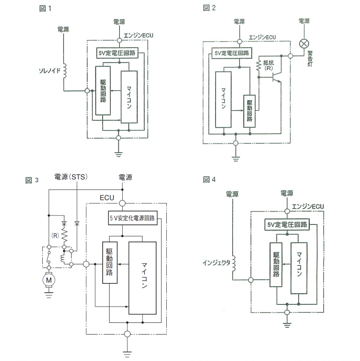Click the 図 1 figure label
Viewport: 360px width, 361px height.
pyautogui.click(x=46, y=8)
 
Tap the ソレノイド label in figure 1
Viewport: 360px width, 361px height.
pyautogui.click(x=50, y=71)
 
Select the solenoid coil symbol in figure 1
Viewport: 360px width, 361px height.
pyautogui.click(x=64, y=71)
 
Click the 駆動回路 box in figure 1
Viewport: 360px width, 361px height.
pyautogui.click(x=103, y=91)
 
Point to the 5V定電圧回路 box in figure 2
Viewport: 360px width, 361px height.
pyautogui.click(x=231, y=53)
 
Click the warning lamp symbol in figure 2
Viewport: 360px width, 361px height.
pyautogui.click(x=304, y=44)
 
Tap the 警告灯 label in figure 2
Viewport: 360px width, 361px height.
pyautogui.click(x=310, y=59)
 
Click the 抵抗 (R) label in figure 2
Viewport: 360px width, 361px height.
pyautogui.click(x=268, y=65)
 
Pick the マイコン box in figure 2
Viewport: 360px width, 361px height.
pyautogui.click(x=223, y=99)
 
